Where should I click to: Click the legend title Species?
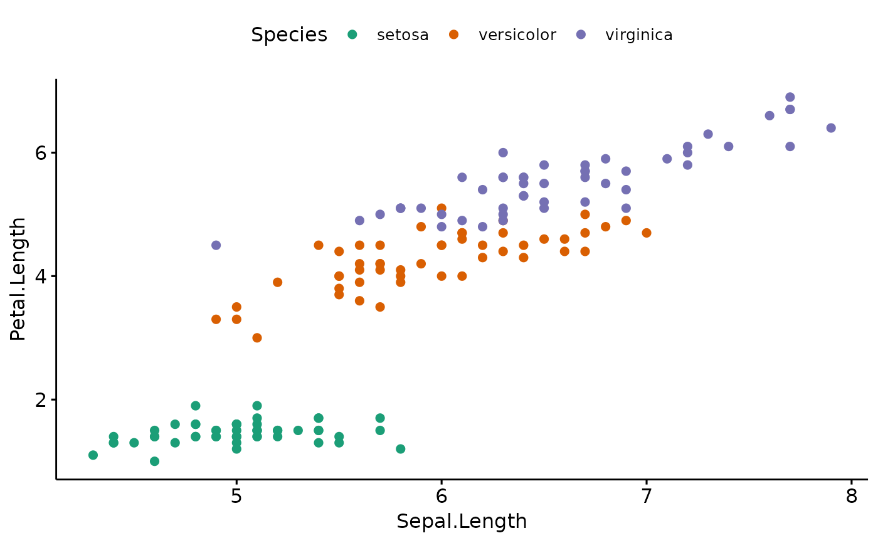[x=289, y=35]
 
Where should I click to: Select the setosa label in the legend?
[x=403, y=35]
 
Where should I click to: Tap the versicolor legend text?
[x=517, y=35]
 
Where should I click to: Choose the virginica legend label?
[x=638, y=35]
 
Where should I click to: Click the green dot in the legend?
[x=352, y=35]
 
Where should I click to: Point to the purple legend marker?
[x=581, y=35]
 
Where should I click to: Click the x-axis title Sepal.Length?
[x=462, y=522]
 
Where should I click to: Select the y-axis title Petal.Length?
[x=18, y=279]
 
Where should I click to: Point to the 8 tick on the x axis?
[x=852, y=497]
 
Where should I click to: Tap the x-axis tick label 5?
[x=236, y=497]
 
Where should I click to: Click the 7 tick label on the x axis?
[x=647, y=497]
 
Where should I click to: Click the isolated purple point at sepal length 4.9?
[x=216, y=245]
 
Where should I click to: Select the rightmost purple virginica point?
[x=831, y=128]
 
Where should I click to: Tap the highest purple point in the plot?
[x=790, y=97]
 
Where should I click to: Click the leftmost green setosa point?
[x=93, y=455]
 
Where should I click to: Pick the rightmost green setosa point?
[x=400, y=449]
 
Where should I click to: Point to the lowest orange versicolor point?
[x=257, y=338]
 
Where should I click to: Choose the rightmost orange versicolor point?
[x=647, y=233]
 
